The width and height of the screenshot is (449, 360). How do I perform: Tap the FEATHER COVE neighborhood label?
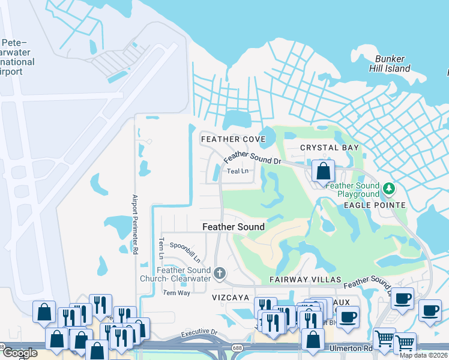(x=233, y=139)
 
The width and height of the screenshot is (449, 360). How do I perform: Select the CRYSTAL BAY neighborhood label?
(x=330, y=148)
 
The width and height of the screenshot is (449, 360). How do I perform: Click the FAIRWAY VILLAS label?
(x=306, y=280)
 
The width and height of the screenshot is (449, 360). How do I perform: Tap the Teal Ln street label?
(x=238, y=171)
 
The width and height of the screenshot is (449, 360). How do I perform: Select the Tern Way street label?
(x=176, y=293)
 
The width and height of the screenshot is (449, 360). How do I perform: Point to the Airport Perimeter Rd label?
(x=135, y=223)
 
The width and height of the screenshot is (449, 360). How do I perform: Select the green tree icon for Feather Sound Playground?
(x=389, y=190)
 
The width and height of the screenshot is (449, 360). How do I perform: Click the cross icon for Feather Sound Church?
(x=220, y=274)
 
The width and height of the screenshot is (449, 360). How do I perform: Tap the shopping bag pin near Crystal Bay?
(x=323, y=170)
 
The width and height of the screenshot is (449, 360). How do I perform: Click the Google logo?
(x=19, y=353)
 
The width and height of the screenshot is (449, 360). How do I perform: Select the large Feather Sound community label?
(x=234, y=227)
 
